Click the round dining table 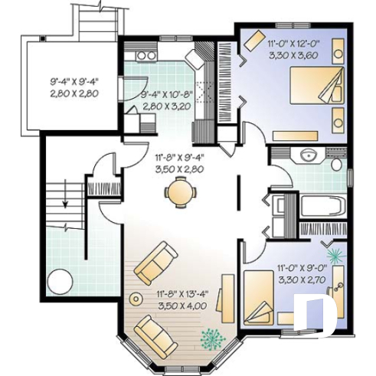(x=180, y=191)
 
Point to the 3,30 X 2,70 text (x=302, y=280)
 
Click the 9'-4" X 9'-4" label (x=76, y=80)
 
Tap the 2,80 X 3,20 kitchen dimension (x=164, y=106)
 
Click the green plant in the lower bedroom (x=334, y=253)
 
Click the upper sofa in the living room (x=156, y=260)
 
